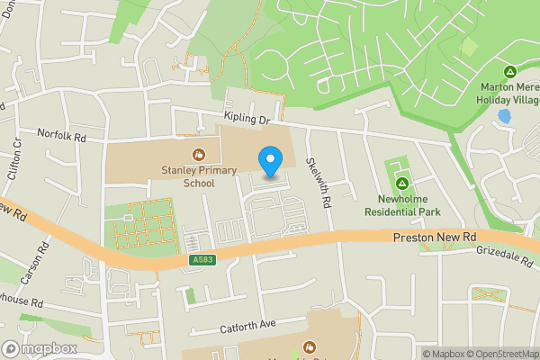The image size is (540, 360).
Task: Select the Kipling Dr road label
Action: [x=247, y=119]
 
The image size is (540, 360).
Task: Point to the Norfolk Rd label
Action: [x=61, y=137]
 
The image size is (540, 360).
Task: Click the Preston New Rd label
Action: [x=435, y=237]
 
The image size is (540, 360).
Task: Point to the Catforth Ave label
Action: [x=254, y=324]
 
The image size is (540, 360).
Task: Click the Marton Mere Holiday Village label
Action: [x=508, y=94]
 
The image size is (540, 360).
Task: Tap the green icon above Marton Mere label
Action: [x=509, y=71]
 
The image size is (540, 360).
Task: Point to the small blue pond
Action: [x=504, y=117]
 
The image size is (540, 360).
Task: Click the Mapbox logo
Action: [x=39, y=348]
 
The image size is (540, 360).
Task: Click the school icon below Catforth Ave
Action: [x=310, y=346]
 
